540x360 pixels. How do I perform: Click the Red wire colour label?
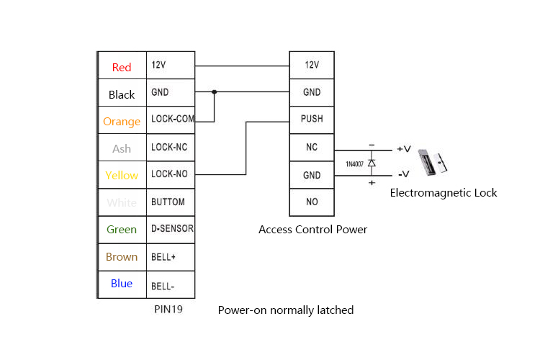tap(122, 68)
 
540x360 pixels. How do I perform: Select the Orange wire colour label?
tap(122, 122)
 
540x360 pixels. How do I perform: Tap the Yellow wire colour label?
tap(122, 176)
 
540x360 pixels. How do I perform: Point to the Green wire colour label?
tap(122, 230)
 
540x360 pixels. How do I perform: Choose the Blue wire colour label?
tap(122, 284)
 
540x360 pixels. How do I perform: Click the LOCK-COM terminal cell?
tap(171, 120)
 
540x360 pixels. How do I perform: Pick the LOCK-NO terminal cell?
tap(171, 174)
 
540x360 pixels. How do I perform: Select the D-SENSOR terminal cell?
tap(171, 229)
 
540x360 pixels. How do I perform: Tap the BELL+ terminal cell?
tap(171, 256)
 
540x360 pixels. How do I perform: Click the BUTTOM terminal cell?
tap(171, 202)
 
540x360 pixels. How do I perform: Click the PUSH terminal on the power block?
tap(312, 120)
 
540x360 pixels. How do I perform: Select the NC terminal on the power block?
tap(312, 148)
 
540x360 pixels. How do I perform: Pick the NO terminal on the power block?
tap(312, 202)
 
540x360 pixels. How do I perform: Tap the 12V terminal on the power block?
tap(312, 65)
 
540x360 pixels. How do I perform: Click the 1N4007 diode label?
tap(354, 164)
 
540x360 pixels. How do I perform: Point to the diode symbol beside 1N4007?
tap(372, 163)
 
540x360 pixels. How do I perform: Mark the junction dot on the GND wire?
tap(214, 92)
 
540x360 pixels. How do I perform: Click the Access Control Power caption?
tap(312, 230)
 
